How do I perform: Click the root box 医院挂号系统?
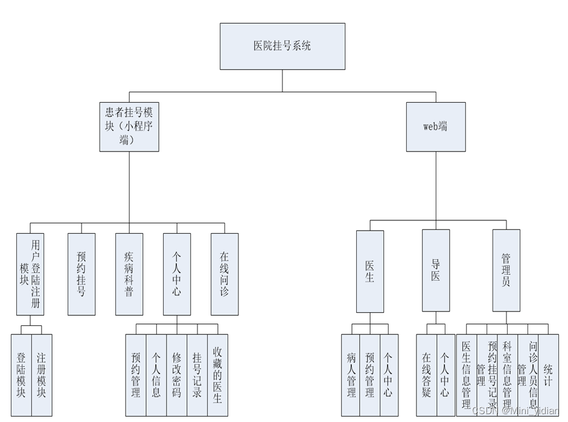coord(282,46)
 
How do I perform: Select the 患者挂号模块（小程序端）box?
coord(129,126)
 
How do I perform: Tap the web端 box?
coord(435,126)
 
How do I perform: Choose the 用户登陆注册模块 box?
coord(30,274)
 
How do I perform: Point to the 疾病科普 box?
coord(129,274)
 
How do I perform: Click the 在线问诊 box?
coord(225,274)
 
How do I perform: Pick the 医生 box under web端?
coord(370,272)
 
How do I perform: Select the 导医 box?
coord(435,270)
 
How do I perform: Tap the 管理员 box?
coord(506,270)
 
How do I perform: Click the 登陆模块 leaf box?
coord(21,375)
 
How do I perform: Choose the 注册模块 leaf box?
coord(42,375)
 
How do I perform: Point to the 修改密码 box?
coord(176,375)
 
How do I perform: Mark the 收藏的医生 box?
coord(217,375)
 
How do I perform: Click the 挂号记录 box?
coord(197,375)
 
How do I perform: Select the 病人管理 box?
coord(351,375)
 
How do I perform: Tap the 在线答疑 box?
coord(426,375)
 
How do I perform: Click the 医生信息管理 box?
coord(466,375)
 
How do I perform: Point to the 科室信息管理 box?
coord(507,375)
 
